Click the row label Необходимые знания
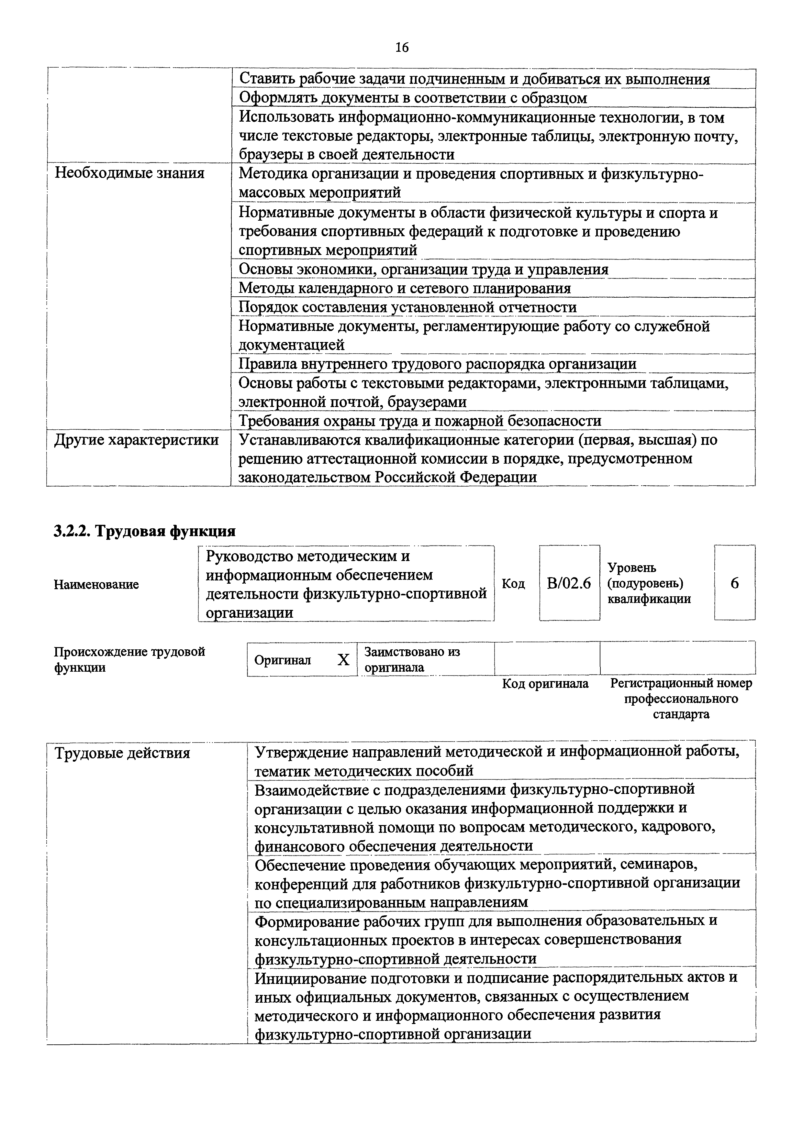click(129, 173)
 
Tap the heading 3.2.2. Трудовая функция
click(144, 531)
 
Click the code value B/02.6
click(569, 583)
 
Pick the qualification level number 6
click(735, 583)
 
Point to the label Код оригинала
click(545, 684)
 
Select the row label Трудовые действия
click(122, 753)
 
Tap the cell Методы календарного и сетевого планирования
click(405, 288)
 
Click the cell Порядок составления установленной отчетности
click(407, 307)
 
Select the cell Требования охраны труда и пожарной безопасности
click(420, 421)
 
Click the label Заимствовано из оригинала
click(412, 659)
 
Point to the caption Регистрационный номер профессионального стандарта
click(681, 699)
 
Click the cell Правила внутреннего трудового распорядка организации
click(437, 364)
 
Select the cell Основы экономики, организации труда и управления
click(423, 270)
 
